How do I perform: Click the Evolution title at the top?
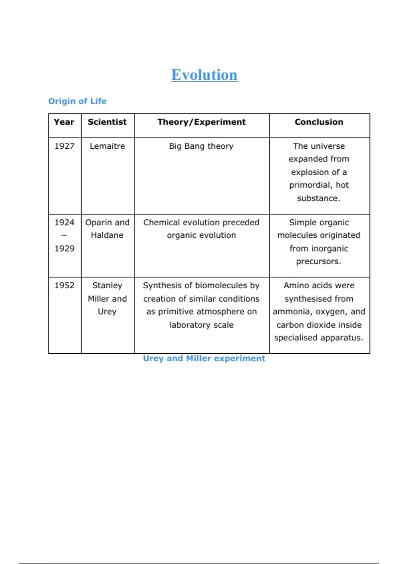204,75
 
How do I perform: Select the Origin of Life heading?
77,101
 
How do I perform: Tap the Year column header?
64,122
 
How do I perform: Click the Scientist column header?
107,122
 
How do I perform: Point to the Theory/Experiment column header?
202,122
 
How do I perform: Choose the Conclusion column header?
319,122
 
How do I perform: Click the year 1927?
64,146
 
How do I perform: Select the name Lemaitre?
107,146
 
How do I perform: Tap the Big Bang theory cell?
201,146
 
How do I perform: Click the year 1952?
64,285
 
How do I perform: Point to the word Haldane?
107,235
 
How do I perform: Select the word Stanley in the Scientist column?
107,285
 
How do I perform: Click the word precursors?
319,261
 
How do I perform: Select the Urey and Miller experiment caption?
204,359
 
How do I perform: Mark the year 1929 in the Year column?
64,248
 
